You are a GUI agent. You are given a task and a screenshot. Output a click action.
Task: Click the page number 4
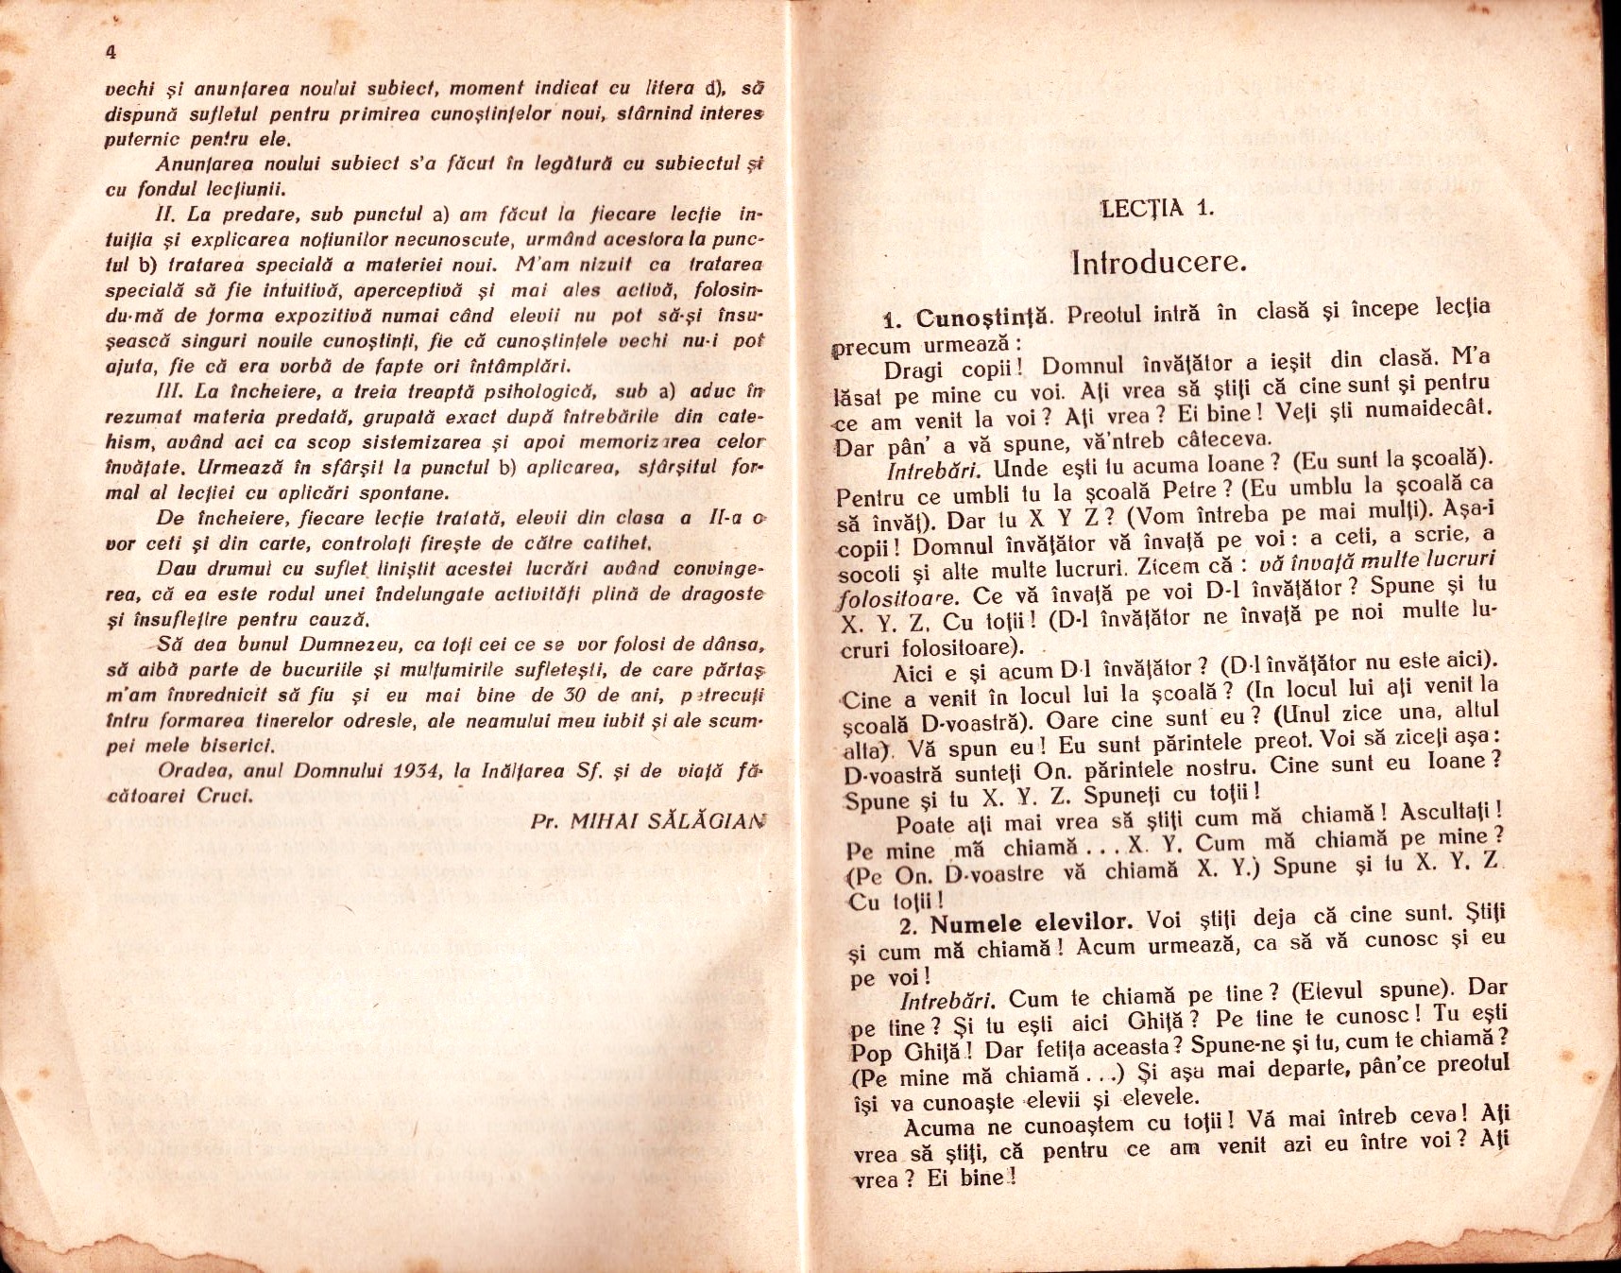point(111,53)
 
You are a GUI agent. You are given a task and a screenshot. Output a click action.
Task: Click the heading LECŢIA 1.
point(1157,209)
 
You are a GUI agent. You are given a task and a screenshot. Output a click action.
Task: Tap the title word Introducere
point(1159,262)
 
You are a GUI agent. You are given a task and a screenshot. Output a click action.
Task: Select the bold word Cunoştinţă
point(985,318)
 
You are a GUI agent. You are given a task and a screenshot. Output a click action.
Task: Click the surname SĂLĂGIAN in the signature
point(706,821)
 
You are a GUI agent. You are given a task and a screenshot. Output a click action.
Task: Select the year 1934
point(420,770)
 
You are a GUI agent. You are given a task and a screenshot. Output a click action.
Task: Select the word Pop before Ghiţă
point(871,1053)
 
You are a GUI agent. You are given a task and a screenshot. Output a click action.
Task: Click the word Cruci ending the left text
point(225,796)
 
